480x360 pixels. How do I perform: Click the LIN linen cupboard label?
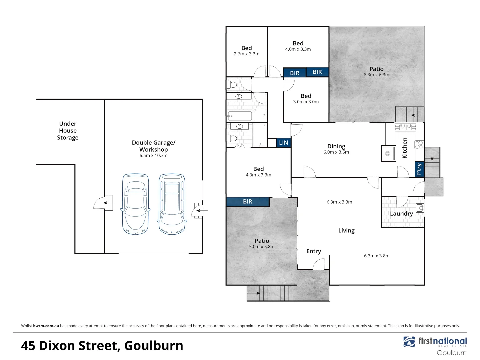(283, 143)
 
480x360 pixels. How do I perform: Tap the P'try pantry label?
(419, 169)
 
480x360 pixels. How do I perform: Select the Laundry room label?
(401, 214)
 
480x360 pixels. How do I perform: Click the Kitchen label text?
(405, 148)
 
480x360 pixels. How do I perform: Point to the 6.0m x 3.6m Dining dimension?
(336, 152)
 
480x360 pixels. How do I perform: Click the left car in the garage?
(135, 204)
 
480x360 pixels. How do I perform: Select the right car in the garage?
(172, 204)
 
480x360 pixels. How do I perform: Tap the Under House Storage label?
(68, 131)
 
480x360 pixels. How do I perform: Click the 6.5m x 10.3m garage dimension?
(153, 156)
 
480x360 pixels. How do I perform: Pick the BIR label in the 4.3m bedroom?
(247, 202)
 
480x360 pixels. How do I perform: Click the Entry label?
(314, 251)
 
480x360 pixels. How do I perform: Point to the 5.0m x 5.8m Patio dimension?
(262, 247)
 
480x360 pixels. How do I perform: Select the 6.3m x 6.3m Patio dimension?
(376, 75)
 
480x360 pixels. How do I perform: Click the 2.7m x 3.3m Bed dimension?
(246, 54)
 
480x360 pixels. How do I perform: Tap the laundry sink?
(420, 208)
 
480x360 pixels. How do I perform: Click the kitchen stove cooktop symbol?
(419, 144)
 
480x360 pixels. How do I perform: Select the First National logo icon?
(410, 342)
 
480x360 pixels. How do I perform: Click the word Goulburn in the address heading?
(154, 346)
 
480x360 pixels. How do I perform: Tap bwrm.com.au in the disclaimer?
(46, 326)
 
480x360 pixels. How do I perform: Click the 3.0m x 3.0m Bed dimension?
(306, 102)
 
